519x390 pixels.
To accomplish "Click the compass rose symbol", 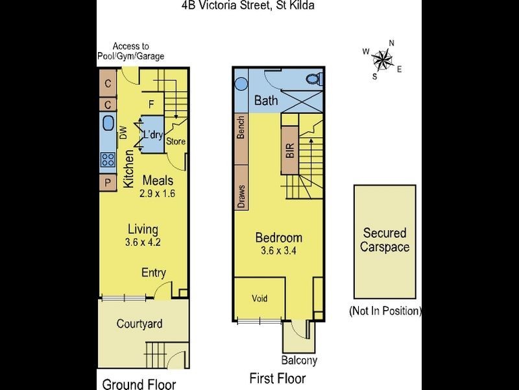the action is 383,60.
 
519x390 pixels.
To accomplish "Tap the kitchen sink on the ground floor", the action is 108,123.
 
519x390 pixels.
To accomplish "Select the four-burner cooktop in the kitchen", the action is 108,159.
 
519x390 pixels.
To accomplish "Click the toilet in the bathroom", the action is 313,79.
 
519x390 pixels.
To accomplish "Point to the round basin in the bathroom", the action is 241,84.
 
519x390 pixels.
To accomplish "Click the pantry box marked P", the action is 108,183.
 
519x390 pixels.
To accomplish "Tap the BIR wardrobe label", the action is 289,150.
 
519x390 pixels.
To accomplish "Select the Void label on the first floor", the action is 259,298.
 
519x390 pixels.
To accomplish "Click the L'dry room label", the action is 153,135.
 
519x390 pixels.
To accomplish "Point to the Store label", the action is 175,142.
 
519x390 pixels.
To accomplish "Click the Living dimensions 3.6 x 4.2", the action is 143,242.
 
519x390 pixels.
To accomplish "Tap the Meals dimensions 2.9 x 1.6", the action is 157,193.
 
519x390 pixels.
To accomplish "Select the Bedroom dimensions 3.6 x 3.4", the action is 278,251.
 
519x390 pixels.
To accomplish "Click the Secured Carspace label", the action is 385,240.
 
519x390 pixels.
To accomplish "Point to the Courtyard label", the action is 139,324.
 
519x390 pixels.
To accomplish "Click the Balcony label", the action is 299,360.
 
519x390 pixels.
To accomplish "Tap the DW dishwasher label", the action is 123,133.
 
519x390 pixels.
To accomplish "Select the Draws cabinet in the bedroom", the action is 241,187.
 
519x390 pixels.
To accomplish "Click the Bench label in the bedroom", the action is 241,127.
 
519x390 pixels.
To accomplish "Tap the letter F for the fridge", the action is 151,105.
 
